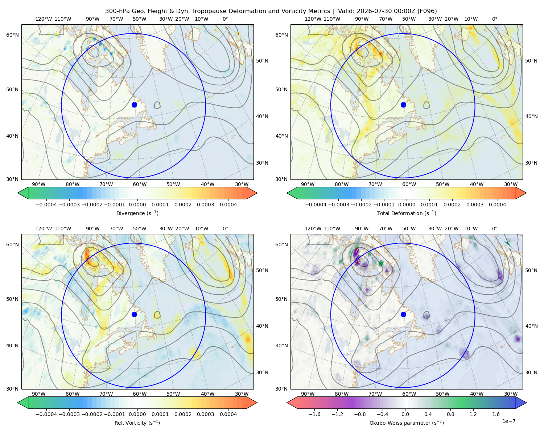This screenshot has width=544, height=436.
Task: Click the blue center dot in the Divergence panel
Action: click(134, 105)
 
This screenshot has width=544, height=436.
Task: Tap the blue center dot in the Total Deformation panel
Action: click(403, 105)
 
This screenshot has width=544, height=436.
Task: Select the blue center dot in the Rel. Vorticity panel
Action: click(134, 314)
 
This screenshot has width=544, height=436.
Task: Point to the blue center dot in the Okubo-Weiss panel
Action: click(403, 314)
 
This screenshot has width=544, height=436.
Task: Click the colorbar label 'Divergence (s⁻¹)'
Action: click(137, 213)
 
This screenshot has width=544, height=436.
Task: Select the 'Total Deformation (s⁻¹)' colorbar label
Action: click(407, 213)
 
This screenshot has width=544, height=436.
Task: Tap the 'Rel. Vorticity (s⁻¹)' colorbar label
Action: click(137, 423)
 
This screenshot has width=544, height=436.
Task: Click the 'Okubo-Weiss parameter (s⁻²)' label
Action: click(407, 423)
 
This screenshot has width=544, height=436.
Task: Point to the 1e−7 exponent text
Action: click(508, 421)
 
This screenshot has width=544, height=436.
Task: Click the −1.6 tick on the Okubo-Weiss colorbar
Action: click(314, 414)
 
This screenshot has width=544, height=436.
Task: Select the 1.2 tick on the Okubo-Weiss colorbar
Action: click(473, 414)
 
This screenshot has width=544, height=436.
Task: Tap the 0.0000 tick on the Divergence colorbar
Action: click(137, 205)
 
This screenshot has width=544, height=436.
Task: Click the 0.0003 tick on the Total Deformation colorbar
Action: click(475, 205)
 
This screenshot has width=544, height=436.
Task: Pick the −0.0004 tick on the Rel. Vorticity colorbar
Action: click(46, 414)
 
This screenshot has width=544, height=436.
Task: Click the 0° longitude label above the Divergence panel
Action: click(225, 19)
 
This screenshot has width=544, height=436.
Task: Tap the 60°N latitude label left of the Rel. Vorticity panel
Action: click(12, 245)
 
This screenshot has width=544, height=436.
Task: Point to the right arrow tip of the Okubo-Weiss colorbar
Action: click(526, 403)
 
